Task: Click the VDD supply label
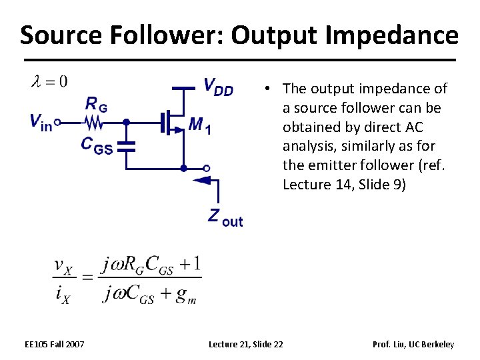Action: (x=218, y=87)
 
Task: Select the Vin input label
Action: (x=41, y=122)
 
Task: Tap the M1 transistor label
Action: (x=200, y=125)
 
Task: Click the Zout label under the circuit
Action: (x=225, y=217)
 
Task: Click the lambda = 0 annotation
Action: (x=49, y=82)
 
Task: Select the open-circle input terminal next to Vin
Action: (x=57, y=123)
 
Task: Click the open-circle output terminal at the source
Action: (x=207, y=168)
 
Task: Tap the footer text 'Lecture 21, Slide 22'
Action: (x=246, y=344)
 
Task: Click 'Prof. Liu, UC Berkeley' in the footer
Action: (x=414, y=344)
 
